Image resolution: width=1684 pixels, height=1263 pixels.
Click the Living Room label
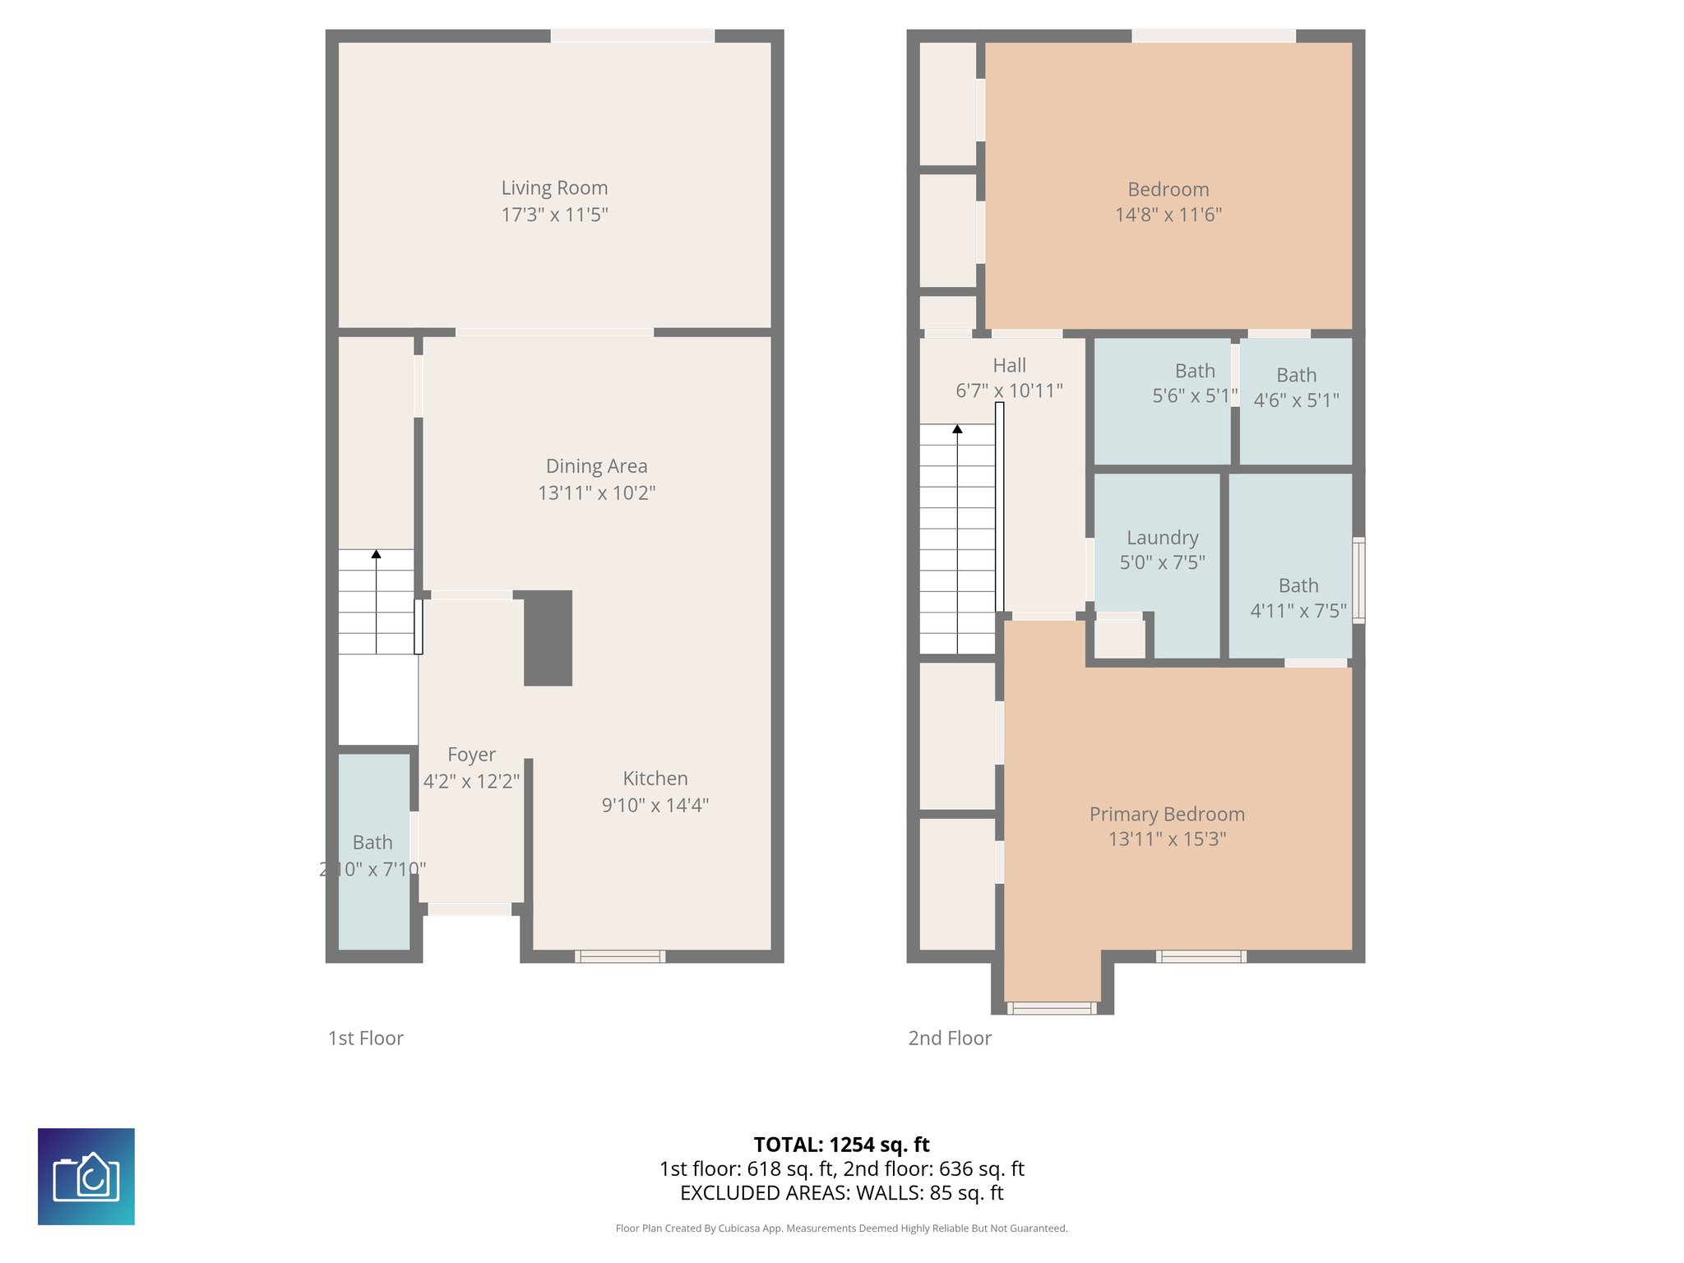click(554, 188)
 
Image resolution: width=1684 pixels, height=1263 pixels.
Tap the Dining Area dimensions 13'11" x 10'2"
click(596, 493)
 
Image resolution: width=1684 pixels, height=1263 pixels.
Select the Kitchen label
click(655, 779)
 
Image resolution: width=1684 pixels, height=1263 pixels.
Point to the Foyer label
click(471, 755)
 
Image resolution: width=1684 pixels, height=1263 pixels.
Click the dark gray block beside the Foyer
click(548, 638)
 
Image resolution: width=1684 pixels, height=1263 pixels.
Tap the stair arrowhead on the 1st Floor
click(376, 554)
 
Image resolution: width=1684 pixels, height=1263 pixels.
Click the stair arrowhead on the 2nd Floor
click(957, 429)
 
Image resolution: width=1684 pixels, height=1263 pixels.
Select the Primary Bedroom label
click(1167, 814)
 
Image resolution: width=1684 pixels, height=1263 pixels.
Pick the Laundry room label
click(1162, 538)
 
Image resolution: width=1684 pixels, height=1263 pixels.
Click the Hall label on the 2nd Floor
click(1009, 366)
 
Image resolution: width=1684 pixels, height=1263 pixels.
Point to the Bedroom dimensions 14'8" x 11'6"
click(1168, 215)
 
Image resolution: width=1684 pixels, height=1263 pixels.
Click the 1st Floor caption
click(366, 1039)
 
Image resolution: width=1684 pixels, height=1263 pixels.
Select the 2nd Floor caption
click(950, 1039)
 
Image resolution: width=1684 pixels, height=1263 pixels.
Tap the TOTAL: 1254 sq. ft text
click(841, 1145)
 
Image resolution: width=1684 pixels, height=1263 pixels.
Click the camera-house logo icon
click(86, 1177)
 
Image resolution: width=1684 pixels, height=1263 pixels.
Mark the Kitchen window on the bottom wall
click(620, 956)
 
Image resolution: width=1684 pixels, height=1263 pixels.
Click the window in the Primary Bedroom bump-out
click(1052, 1008)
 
